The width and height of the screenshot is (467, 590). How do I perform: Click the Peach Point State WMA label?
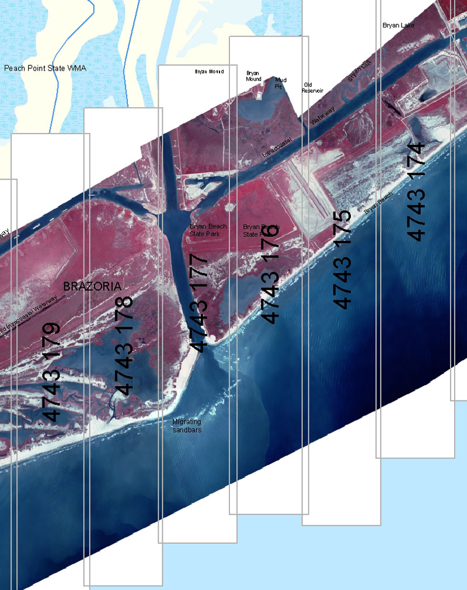pyautogui.click(x=45, y=69)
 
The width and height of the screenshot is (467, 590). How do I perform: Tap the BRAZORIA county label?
pyautogui.click(x=92, y=286)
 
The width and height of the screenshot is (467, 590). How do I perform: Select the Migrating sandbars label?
pyautogui.click(x=187, y=426)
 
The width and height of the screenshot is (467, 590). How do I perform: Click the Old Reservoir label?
pyautogui.click(x=312, y=88)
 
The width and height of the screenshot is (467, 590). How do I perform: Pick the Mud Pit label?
pyautogui.click(x=281, y=83)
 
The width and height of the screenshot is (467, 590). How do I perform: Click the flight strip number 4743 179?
pyautogui.click(x=52, y=372)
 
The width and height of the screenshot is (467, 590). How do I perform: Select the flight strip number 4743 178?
pyautogui.click(x=125, y=346)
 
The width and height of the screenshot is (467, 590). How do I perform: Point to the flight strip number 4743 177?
pyautogui.click(x=199, y=303)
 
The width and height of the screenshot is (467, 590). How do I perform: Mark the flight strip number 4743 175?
pyautogui.click(x=343, y=259)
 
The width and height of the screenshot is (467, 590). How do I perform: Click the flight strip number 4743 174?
pyautogui.click(x=417, y=191)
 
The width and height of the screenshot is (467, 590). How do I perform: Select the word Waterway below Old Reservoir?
pyautogui.click(x=320, y=115)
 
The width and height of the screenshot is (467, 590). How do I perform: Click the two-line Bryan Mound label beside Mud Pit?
pyautogui.click(x=253, y=76)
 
